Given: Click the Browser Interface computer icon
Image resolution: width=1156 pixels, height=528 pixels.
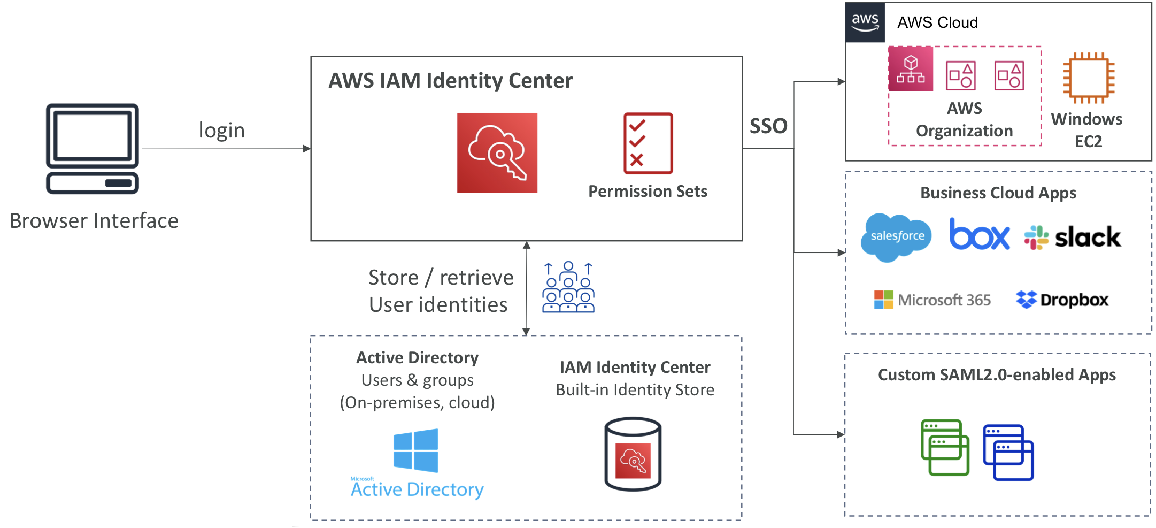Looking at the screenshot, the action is coord(93,149).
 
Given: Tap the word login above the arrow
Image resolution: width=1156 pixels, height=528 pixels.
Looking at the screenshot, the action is coord(221,131).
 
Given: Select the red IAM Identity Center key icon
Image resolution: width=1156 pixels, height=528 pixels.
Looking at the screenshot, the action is coord(497,153).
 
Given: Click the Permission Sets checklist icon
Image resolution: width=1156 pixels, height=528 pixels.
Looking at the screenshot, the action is coord(648,143).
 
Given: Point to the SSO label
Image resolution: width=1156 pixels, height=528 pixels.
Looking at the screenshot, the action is coord(768,126).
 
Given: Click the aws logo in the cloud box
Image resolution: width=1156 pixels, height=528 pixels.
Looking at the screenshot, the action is coord(865,22).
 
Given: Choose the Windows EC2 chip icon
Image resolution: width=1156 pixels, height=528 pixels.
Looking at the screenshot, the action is coord(1089,78).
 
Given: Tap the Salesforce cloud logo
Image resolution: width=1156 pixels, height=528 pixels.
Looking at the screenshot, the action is coord(897,237).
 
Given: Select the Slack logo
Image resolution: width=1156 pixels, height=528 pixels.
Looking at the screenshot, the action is coord(1072,238).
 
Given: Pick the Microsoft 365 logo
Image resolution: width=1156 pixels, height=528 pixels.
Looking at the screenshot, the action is coord(932,300).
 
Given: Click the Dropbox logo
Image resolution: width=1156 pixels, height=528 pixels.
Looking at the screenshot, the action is coord(1062,300).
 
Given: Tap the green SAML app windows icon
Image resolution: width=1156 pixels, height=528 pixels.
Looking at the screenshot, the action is coord(945,447).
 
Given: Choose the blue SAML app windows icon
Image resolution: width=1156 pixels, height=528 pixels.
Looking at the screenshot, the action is coord(1008,453).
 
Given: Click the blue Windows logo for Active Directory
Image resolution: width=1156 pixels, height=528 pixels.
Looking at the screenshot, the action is coord(415,450).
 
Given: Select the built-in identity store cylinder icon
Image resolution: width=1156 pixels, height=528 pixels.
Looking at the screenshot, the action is coord(633,454).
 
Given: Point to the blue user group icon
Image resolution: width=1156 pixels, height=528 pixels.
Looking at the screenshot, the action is coord(568,287).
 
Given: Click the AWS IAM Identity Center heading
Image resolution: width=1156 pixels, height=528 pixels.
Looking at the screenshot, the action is coord(450,81).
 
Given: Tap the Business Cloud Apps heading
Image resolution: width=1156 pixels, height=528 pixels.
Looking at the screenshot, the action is coord(998,193).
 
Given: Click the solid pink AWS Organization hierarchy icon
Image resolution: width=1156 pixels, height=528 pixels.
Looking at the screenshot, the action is coord(911,68).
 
